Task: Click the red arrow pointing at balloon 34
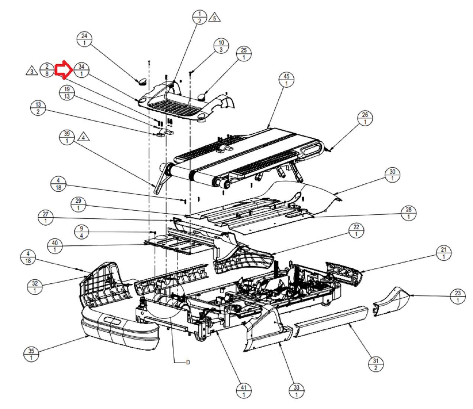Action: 64,70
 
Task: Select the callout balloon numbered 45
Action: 286,80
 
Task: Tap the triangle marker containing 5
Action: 214,17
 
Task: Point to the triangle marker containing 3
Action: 32,71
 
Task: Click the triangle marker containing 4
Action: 84,137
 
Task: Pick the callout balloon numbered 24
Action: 84,39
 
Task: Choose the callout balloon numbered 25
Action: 244,54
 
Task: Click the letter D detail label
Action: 188,362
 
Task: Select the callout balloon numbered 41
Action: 244,391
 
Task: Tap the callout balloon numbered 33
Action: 297,391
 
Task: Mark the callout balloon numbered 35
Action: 31,354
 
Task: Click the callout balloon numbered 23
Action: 458,297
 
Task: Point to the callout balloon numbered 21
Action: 444,253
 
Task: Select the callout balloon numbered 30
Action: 392,175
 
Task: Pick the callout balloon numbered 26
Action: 365,118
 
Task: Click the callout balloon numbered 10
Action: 221,46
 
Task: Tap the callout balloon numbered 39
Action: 67,137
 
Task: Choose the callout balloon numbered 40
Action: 55,247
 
